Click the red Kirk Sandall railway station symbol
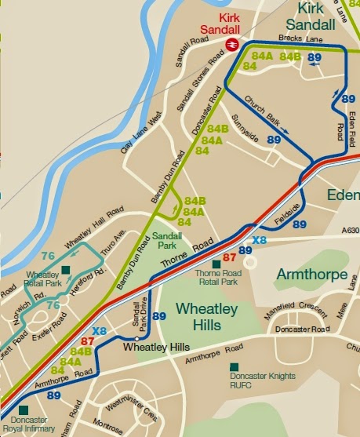[232, 44]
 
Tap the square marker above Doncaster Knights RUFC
[234, 366]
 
